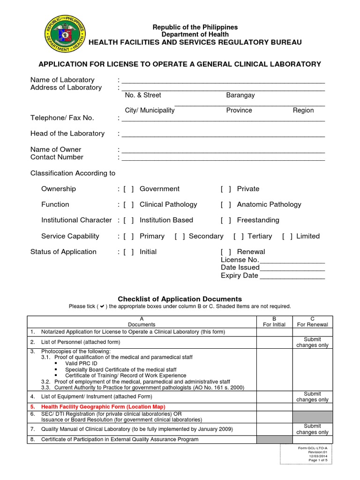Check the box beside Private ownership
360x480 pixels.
[x=226, y=189]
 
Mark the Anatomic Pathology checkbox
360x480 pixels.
[x=226, y=204]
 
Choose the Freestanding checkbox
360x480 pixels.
[x=226, y=220]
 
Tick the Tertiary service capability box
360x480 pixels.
[x=239, y=236]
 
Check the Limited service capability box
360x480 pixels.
[x=287, y=236]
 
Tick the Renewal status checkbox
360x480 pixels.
[x=226, y=252]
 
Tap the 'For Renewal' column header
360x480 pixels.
[x=313, y=324]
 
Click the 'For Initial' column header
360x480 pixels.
[x=274, y=324]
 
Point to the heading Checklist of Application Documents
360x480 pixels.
[x=180, y=299]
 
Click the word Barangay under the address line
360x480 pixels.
[x=240, y=95]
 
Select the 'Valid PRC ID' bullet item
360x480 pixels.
[x=82, y=364]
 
